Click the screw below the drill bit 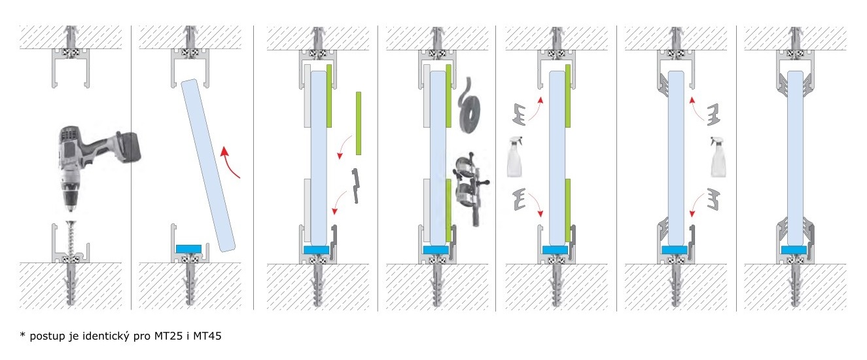(x=71, y=238)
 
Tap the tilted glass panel (x=208, y=166)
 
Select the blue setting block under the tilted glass (x=188, y=249)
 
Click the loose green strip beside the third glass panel (x=359, y=123)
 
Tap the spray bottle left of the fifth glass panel (x=515, y=157)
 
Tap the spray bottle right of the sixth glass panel (x=718, y=157)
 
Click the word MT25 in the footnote (x=168, y=336)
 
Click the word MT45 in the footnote (x=207, y=336)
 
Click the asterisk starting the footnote (x=22, y=334)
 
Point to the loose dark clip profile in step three (x=355, y=186)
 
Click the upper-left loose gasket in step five (x=520, y=114)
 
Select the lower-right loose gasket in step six (x=713, y=200)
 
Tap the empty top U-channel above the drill (x=71, y=67)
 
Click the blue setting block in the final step (x=794, y=250)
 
